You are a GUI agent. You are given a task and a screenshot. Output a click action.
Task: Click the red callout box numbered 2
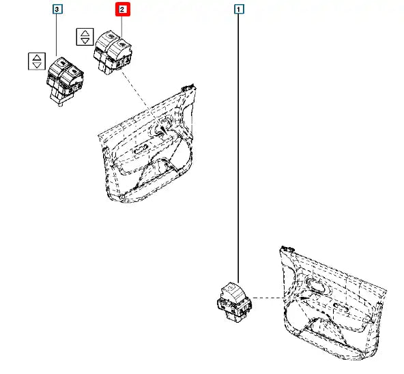pyautogui.click(x=122, y=10)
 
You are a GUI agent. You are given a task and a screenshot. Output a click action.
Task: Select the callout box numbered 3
pyautogui.click(x=57, y=10)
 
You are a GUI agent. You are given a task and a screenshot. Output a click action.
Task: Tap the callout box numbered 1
pyautogui.click(x=239, y=10)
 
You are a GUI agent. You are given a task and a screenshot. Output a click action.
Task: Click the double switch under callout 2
pyautogui.click(x=113, y=53)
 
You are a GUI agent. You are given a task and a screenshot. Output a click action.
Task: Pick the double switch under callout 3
pyautogui.click(x=65, y=81)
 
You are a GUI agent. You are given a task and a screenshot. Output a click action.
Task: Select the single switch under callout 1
pyautogui.click(x=235, y=302)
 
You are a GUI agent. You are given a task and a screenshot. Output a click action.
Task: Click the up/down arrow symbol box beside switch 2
pyautogui.click(x=85, y=37)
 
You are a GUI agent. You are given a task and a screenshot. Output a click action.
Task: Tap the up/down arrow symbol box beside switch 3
pyautogui.click(x=37, y=61)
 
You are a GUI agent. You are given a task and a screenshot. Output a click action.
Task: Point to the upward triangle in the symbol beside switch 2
pyautogui.click(x=85, y=33)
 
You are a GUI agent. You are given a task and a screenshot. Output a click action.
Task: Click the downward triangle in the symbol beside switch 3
pyautogui.click(x=37, y=65)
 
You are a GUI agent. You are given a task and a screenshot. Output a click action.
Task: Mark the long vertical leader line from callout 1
pyautogui.click(x=239, y=148)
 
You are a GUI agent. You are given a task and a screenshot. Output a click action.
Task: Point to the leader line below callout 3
pyautogui.click(x=57, y=35)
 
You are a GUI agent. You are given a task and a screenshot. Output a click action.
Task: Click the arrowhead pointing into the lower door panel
pyautogui.click(x=306, y=298)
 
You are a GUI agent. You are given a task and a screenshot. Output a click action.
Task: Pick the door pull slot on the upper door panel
pyautogui.click(x=141, y=149)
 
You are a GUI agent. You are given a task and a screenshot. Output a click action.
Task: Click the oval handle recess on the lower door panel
pyautogui.click(x=315, y=285)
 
